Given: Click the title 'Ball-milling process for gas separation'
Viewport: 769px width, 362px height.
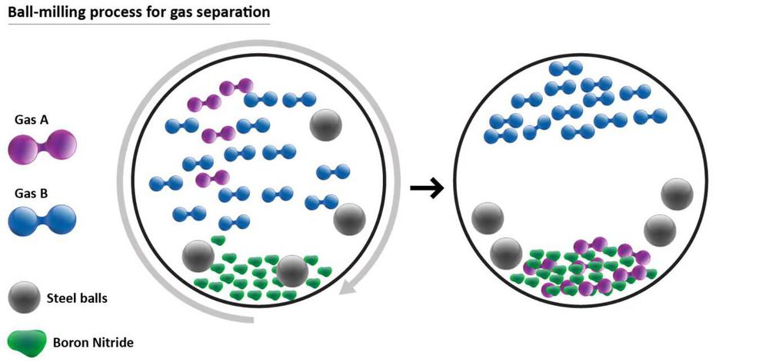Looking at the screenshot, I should pyautogui.click(x=139, y=13).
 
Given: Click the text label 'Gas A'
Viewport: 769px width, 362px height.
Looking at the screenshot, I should pyautogui.click(x=30, y=120).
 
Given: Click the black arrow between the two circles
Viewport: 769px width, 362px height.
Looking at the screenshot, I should pyautogui.click(x=427, y=188).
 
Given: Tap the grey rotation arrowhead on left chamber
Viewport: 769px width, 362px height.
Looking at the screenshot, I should pyautogui.click(x=350, y=288).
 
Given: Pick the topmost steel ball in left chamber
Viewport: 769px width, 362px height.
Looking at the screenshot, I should pyautogui.click(x=327, y=124).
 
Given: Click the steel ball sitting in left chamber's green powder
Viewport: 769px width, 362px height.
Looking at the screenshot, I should pyautogui.click(x=292, y=270).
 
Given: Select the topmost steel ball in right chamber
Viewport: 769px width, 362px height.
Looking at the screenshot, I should pyautogui.click(x=677, y=194).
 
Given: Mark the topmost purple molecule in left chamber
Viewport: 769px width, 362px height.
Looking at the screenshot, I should pyautogui.click(x=235, y=87).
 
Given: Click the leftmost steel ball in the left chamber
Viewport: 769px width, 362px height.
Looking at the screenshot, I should pyautogui.click(x=198, y=255).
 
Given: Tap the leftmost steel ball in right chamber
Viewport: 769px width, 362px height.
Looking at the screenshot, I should pyautogui.click(x=488, y=218).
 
